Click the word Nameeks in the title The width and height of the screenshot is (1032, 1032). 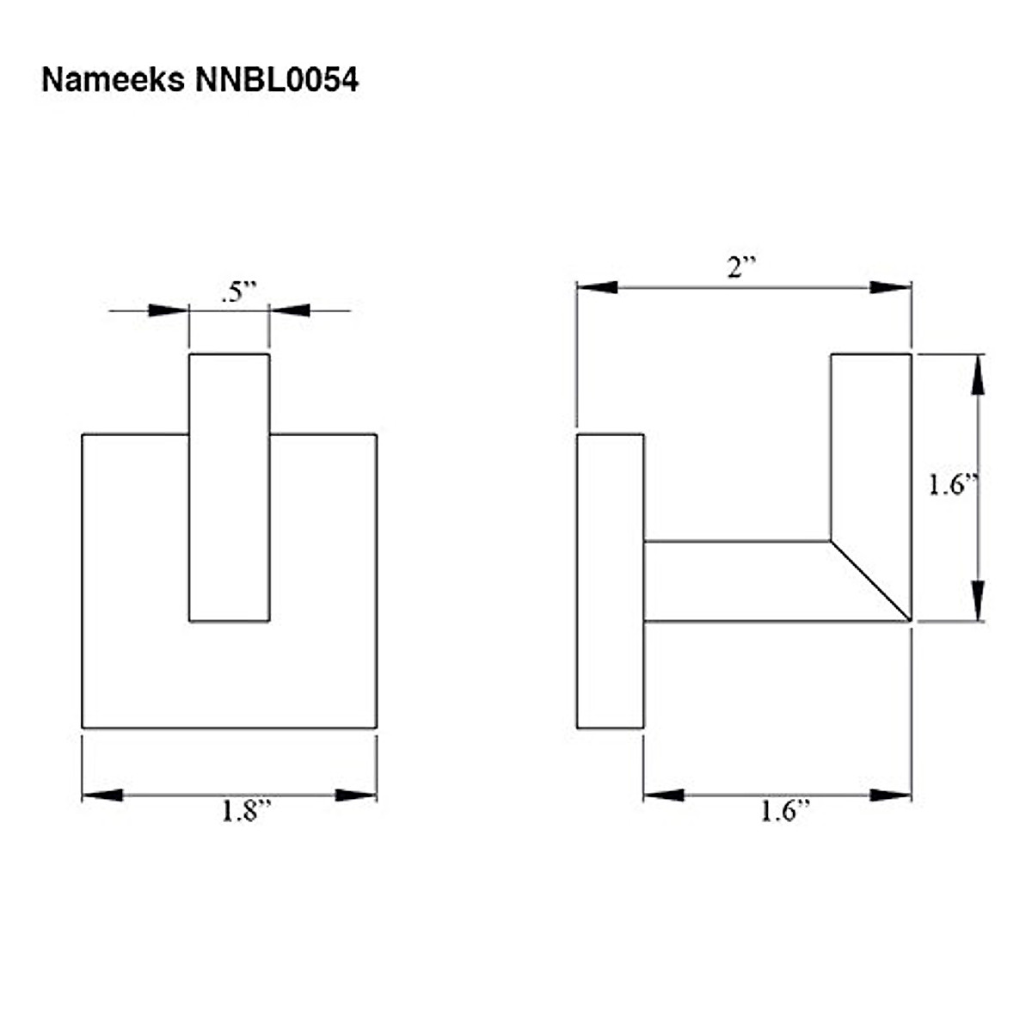point(112,80)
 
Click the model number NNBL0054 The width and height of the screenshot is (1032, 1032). point(276,80)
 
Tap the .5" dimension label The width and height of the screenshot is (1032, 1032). point(239,292)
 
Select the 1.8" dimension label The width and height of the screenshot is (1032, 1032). point(246,811)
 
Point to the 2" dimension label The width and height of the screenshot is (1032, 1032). point(740,267)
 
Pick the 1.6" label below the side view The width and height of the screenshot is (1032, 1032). point(784,811)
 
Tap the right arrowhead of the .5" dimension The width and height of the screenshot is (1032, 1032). point(291,310)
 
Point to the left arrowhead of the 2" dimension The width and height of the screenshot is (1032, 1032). point(597,287)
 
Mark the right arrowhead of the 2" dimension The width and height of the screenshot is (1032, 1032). point(891,287)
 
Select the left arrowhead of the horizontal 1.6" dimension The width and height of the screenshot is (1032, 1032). point(664,795)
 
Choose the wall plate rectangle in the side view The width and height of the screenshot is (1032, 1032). point(610,581)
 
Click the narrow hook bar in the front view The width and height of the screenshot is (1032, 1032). point(229,487)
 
